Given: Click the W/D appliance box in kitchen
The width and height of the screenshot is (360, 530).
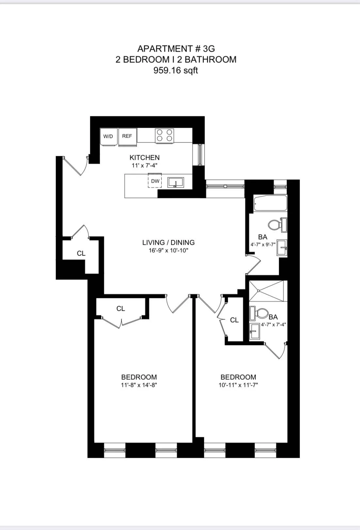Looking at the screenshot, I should [108, 137].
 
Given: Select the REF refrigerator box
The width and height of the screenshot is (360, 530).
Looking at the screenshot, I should [127, 136].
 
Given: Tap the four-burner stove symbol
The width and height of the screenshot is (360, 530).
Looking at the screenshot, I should [164, 135].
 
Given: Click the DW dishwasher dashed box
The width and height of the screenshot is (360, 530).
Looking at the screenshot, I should [155, 181].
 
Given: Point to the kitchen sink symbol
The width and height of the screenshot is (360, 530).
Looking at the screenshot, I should [176, 182].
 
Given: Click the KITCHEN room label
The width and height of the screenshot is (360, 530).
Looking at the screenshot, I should [144, 157].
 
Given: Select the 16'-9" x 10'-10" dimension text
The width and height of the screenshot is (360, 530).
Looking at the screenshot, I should [168, 251].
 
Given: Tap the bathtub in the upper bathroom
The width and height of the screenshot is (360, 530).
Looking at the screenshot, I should [270, 204].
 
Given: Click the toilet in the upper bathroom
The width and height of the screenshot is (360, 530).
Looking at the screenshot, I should [276, 225].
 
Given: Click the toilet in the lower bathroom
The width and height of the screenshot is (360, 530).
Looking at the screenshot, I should [259, 313].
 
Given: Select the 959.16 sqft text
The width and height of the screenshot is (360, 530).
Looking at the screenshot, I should [176, 70].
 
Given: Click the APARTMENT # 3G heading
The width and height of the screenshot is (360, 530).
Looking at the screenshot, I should [176, 49].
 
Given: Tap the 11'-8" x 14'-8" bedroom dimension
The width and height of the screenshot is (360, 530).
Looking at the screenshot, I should [139, 385].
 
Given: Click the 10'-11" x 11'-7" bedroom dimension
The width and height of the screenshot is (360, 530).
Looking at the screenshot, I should [238, 385].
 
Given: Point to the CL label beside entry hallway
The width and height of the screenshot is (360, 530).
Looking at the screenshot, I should [81, 253].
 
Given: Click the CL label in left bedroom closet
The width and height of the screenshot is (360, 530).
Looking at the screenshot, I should [121, 308].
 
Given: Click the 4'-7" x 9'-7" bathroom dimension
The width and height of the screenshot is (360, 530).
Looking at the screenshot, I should [263, 244].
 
